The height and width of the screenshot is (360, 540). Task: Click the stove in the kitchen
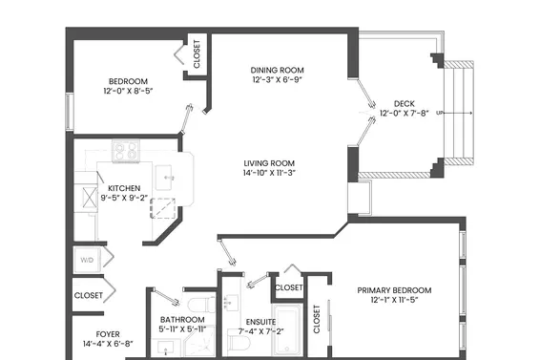[126, 150]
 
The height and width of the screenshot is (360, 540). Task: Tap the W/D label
[87, 260]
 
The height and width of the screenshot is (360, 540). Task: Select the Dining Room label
[278, 71]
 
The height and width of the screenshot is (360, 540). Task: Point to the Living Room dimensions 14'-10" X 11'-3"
[270, 173]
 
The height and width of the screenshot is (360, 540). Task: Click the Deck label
[405, 103]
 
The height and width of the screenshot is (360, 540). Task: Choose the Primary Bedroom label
[394, 290]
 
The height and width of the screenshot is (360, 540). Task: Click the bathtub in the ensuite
[287, 329]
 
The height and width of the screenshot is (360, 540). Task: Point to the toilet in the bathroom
[202, 304]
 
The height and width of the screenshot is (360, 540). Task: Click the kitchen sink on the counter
[164, 178]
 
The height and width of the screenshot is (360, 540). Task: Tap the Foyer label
[108, 334]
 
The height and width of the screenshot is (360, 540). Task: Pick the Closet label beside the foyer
[89, 295]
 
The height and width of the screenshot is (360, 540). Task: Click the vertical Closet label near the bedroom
[197, 54]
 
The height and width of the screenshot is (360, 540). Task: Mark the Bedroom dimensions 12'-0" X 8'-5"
[128, 91]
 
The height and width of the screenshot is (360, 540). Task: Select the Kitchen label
[124, 188]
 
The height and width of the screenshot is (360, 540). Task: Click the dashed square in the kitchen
[163, 208]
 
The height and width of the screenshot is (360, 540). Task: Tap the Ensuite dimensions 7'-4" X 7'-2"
[261, 331]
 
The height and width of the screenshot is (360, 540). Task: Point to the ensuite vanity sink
[231, 303]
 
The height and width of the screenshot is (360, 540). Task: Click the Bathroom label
[182, 320]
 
